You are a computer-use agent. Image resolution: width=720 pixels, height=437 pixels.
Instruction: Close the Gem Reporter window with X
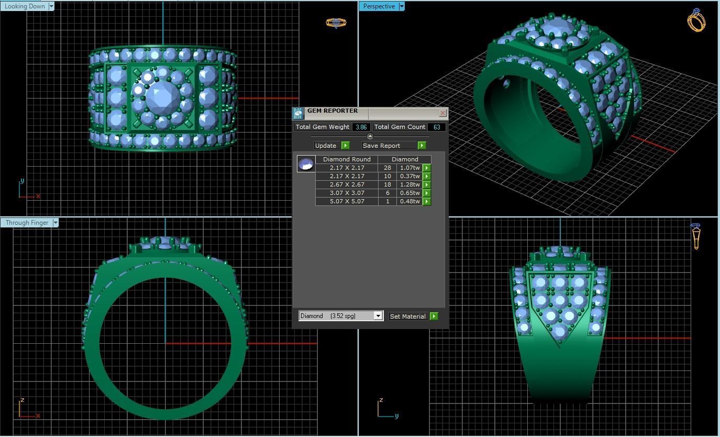(442, 113)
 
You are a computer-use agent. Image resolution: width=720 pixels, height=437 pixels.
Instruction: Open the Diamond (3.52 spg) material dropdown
(378, 316)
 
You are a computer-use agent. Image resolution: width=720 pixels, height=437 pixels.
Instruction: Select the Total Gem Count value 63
(436, 127)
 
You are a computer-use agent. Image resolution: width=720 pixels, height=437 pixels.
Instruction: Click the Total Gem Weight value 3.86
(361, 127)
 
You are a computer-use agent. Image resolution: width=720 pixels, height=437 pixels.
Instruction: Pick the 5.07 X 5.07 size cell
(347, 201)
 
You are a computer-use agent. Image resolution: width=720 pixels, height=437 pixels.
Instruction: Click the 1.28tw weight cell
(409, 184)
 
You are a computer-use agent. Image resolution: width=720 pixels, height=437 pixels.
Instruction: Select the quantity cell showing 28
(387, 168)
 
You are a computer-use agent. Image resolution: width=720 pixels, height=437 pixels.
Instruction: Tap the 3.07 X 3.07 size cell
(347, 193)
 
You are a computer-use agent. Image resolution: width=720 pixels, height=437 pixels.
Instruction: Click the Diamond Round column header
(347, 159)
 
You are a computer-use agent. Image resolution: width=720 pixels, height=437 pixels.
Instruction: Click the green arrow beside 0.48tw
(427, 202)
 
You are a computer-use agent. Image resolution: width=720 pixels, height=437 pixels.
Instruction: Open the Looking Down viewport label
(25, 6)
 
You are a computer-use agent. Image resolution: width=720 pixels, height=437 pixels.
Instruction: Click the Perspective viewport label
(379, 6)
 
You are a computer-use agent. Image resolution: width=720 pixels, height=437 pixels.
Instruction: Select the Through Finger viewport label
(27, 223)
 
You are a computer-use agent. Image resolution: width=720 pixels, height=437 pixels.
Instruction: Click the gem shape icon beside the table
(306, 164)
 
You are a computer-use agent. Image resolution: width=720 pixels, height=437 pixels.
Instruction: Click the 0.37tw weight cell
(409, 176)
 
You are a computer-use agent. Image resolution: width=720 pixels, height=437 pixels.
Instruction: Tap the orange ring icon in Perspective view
(696, 20)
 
